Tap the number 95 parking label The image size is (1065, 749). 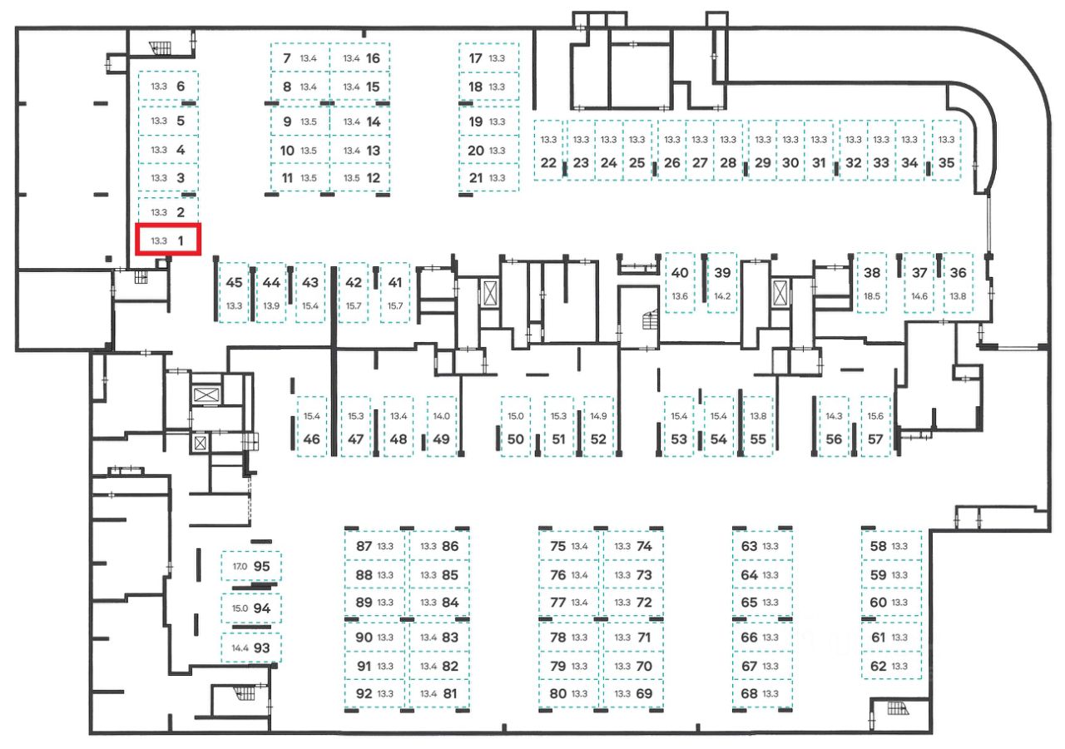(262, 566)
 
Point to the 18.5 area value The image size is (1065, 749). (872, 296)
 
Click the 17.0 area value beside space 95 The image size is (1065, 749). (240, 566)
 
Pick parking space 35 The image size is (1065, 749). (946, 154)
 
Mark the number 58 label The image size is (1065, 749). (878, 547)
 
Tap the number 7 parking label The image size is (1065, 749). (287, 58)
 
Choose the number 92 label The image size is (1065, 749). (364, 693)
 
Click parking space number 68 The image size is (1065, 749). (749, 693)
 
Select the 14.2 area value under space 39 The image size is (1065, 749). (722, 296)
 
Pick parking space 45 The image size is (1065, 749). (234, 291)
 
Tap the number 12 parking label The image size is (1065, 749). (373, 177)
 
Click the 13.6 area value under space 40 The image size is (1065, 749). (680, 296)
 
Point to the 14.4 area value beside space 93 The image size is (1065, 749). (240, 647)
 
